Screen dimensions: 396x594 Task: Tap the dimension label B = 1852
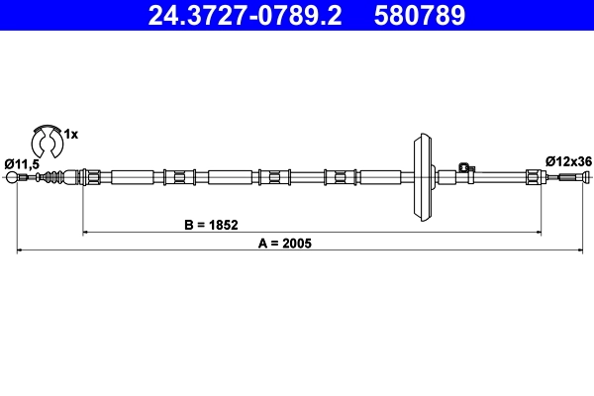point(212,225)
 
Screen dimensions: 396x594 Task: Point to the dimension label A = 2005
point(284,243)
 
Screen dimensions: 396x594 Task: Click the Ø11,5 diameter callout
point(22,162)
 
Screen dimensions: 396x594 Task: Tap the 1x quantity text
point(70,132)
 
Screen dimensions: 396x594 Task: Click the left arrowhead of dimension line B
point(85,232)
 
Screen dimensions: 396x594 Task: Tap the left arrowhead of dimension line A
point(20,250)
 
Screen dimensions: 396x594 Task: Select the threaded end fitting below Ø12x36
point(568,178)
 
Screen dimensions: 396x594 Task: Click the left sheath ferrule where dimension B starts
point(91,178)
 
